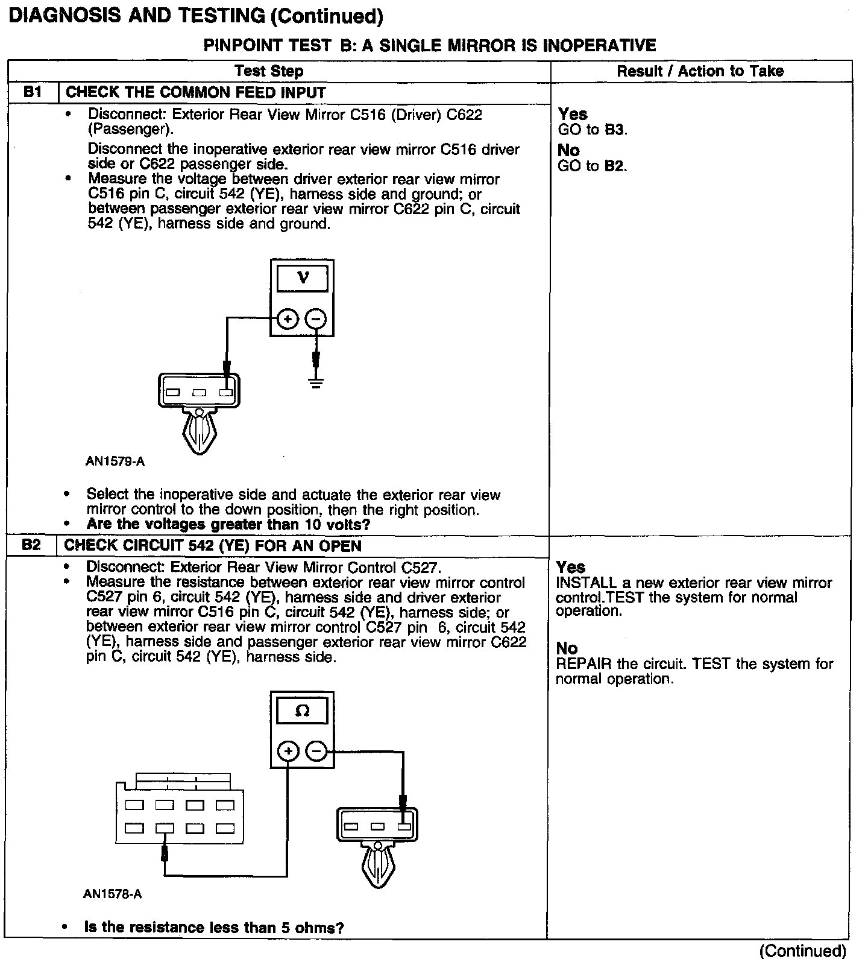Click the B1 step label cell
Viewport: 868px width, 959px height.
click(33, 93)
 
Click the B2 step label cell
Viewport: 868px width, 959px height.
click(31, 546)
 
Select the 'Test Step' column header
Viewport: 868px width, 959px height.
click(269, 71)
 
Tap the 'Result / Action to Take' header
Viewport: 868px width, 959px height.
click(700, 71)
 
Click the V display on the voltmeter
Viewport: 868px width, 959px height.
click(303, 278)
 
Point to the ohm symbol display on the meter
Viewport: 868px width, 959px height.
click(303, 711)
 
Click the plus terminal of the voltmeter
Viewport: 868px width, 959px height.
click(288, 319)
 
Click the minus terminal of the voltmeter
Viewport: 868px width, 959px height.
click(316, 319)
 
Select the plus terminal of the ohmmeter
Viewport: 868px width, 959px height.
click(289, 752)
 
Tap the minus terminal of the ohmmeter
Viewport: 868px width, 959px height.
click(317, 752)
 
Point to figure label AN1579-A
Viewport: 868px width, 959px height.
click(115, 462)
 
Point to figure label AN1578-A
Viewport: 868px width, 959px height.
click(113, 894)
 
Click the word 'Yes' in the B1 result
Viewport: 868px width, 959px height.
click(573, 114)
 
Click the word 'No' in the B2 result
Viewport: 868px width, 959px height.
click(567, 648)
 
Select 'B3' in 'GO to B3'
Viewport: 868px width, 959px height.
click(615, 130)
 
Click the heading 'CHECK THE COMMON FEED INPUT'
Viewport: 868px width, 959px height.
click(195, 93)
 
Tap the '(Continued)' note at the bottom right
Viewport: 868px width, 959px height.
click(803, 951)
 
